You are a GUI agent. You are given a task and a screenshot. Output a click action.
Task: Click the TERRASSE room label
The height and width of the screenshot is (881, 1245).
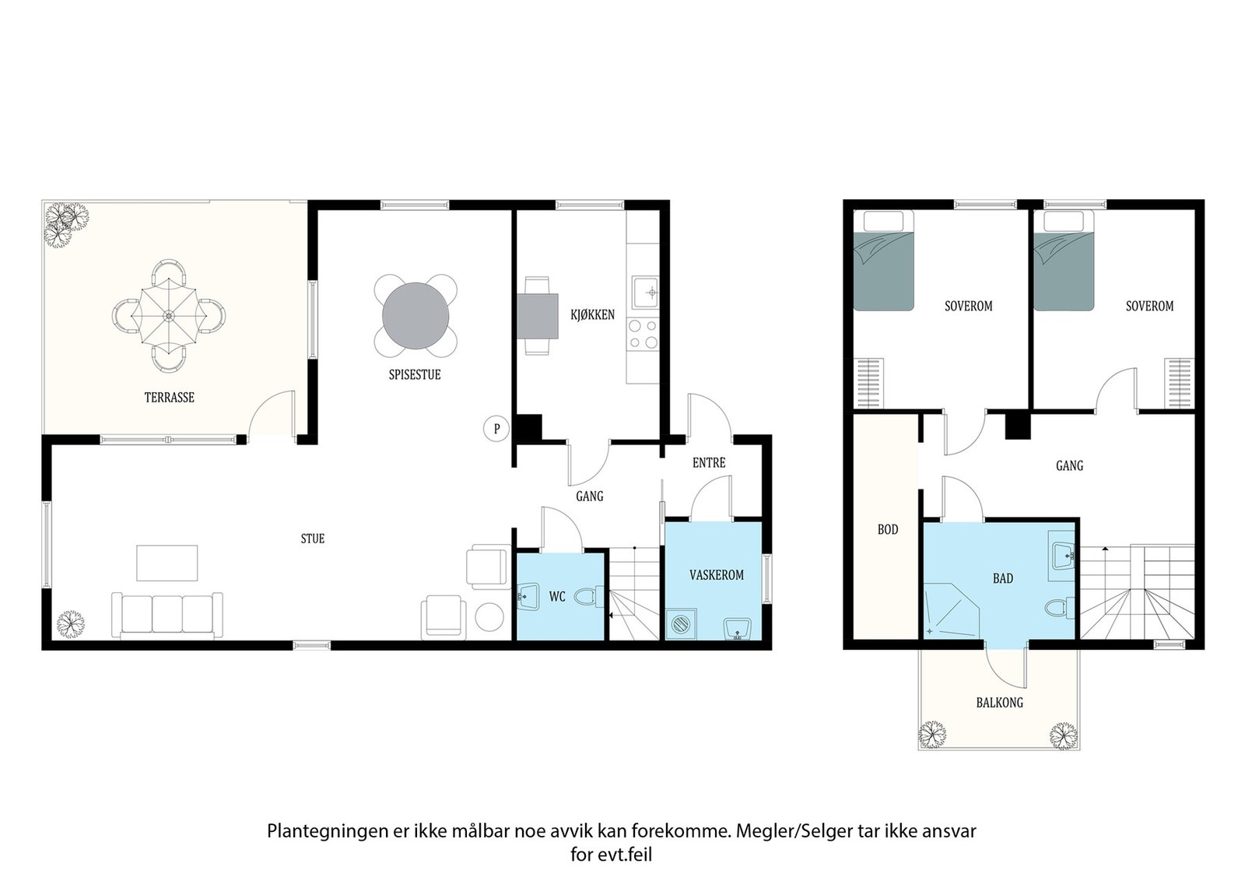170,398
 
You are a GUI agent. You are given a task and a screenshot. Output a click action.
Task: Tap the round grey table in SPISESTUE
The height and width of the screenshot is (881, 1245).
416,316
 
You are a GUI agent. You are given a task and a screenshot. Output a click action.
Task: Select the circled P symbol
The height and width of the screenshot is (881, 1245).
496,429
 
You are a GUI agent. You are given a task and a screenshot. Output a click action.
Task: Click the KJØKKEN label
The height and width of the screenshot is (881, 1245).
592,315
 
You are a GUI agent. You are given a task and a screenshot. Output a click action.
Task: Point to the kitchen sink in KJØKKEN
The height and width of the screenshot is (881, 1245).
645,293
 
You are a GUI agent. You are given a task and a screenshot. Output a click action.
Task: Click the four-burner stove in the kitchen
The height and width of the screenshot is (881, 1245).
643,334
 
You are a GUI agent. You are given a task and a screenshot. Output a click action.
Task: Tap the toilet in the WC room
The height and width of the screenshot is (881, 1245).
588,596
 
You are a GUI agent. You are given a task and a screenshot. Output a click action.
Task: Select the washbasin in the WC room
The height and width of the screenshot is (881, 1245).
528,596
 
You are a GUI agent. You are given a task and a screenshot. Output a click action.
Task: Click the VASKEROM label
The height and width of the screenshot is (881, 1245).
717,575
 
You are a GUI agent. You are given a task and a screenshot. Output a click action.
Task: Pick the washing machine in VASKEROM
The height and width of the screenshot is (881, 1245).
682,624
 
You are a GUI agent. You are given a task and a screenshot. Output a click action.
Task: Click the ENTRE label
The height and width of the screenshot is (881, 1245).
709,462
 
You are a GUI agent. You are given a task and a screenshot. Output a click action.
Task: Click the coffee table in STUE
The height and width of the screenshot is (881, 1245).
167,563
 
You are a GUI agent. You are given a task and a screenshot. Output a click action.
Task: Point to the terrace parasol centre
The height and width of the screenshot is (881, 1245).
168,316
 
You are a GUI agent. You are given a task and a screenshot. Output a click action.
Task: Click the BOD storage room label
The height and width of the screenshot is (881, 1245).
888,530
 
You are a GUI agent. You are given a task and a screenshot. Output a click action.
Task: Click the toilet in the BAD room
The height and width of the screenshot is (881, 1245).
1059,607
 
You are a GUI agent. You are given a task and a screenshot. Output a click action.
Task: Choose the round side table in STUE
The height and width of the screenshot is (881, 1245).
489,617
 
